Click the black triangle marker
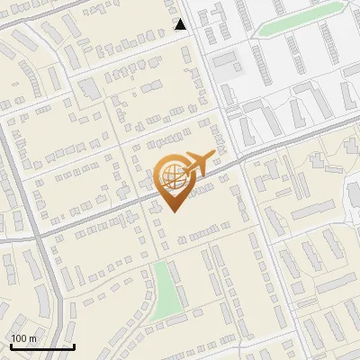pyautogui.click(x=181, y=24)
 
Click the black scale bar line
pyautogui.click(x=42, y=346)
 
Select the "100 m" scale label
pyautogui.click(x=23, y=338)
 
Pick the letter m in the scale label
pyautogui.click(x=32, y=338)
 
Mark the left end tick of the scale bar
pyautogui.click(x=11, y=345)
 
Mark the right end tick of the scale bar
pyautogui.click(x=74, y=345)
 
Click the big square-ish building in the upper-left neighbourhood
pyautogui.click(x=89, y=88)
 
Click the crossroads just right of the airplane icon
pyautogui.click(x=240, y=163)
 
